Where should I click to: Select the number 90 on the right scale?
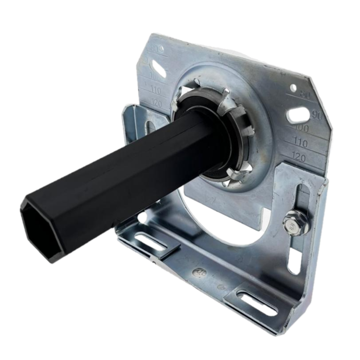pyautogui.click(x=317, y=115)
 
